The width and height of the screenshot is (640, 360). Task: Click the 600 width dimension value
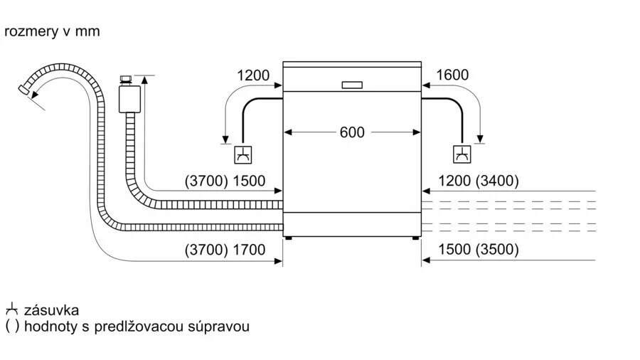coord(351,132)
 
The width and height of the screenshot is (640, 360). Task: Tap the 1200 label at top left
coord(253,75)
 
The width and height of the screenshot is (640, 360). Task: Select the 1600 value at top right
coord(452,75)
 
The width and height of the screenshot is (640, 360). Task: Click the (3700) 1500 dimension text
coord(225,181)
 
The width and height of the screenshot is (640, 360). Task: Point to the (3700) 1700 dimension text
coord(225,250)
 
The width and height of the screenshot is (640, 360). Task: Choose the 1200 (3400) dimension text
coord(479,181)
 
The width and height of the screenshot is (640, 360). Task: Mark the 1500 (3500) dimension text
coord(479,250)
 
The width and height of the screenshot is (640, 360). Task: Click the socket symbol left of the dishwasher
coord(243,154)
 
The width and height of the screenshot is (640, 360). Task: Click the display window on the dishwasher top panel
coord(352,85)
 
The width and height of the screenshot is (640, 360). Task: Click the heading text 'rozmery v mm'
coord(52,31)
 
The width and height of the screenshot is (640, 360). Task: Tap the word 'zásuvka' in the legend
coord(51,310)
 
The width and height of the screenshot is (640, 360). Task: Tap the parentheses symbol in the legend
coord(11,327)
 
